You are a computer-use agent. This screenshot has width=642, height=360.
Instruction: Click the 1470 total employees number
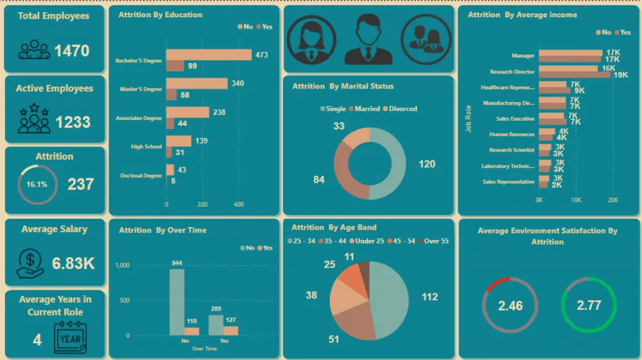tap(72, 51)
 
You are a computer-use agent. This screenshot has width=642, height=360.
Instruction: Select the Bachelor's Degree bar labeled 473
tap(209, 55)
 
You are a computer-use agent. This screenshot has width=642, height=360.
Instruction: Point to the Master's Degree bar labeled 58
tap(171, 95)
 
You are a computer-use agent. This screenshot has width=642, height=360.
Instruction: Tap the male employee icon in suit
tap(368, 39)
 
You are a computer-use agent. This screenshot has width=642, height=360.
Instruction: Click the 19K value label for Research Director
tap(621, 75)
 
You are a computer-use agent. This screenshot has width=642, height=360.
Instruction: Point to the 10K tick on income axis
tap(576, 200)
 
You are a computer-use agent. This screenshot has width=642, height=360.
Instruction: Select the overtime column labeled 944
tap(176, 302)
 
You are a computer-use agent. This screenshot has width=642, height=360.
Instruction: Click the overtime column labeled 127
tap(230, 330)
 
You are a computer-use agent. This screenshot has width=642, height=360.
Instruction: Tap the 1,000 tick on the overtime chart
tap(123, 265)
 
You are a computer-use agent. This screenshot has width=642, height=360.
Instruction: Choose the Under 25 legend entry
tap(368, 241)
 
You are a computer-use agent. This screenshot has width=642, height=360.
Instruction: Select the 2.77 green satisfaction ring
tap(589, 305)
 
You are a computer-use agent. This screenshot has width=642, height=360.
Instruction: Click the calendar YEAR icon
tap(69, 338)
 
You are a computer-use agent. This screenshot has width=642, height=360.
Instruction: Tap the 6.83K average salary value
tap(73, 263)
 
